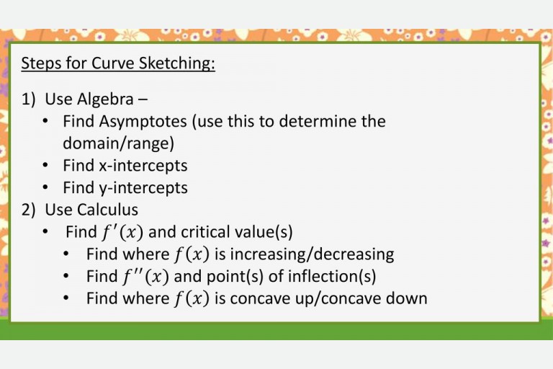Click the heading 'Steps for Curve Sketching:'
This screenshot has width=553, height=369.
tap(118, 63)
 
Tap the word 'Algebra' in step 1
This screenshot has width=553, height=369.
tap(105, 99)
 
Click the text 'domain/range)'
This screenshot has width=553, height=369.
tap(118, 143)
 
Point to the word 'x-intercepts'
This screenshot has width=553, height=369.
tap(143, 166)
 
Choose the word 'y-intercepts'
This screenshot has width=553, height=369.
tap(143, 188)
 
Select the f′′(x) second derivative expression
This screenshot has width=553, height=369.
tap(145, 276)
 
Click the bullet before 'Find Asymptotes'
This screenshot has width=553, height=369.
tap(45, 122)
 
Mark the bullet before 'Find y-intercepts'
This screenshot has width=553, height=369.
tap(45, 188)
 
